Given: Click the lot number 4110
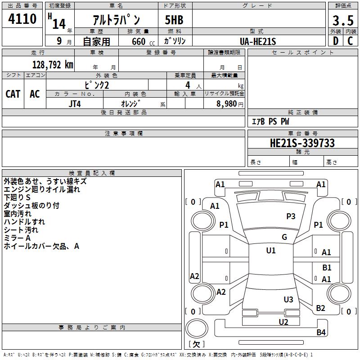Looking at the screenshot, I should click(22, 19).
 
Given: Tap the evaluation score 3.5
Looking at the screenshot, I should click(343, 21).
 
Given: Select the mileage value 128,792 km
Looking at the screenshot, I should click(53, 65).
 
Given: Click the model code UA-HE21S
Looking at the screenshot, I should click(258, 41).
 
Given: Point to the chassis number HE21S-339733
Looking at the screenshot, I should click(302, 143).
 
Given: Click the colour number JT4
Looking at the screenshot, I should click(74, 103).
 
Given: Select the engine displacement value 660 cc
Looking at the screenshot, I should click(138, 41).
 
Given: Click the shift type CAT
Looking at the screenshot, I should click(13, 94).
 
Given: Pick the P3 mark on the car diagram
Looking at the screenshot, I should click(291, 216).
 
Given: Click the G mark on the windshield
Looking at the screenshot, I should click(284, 237).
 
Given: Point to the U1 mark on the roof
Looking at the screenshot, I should click(270, 251).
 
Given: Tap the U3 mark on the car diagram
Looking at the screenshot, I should click(288, 300).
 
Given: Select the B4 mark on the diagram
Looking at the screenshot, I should click(321, 333).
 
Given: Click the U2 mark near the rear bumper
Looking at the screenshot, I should click(283, 321).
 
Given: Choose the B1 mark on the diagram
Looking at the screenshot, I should click(327, 268).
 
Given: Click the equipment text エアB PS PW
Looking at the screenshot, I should click(270, 121).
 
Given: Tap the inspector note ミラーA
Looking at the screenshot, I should click(17, 238).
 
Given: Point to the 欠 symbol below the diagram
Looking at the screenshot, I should click(196, 344).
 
